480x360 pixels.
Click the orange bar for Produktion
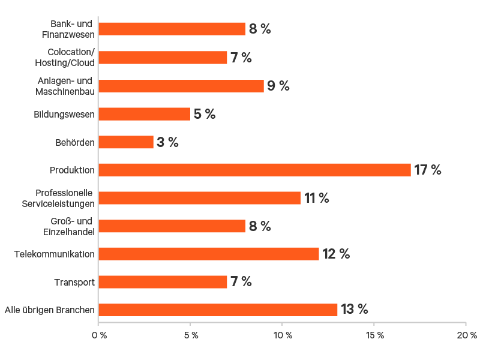254,170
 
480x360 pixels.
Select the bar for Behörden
126,142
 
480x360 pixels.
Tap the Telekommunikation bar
209,254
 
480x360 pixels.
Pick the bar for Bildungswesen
144,114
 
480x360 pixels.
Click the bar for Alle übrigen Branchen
218,310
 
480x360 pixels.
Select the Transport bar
163,282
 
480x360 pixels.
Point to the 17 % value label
427,170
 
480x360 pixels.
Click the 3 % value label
167,142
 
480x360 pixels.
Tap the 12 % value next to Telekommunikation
336,254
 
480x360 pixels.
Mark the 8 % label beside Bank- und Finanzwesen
260,29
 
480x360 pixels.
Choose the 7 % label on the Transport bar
241,282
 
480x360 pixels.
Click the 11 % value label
316,198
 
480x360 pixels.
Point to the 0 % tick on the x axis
98,335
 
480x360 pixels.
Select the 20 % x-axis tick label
466,335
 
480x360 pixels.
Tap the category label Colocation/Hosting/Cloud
71,58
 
